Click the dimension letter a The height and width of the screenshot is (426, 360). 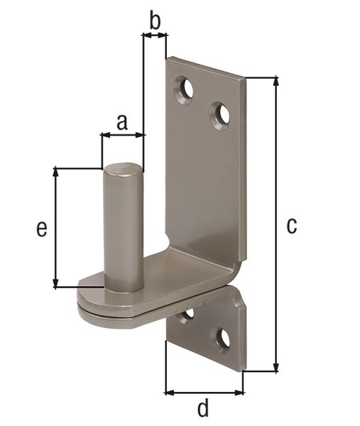click(x=121, y=122)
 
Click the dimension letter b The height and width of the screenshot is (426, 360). click(x=154, y=21)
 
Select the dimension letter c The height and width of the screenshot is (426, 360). click(x=291, y=226)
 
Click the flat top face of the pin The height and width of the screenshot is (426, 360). click(x=124, y=170)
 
